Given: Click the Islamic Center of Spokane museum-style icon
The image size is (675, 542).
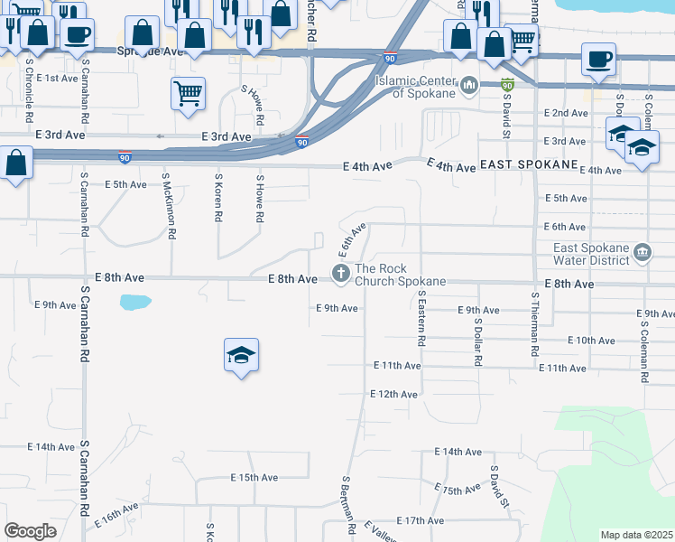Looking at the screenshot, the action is pyautogui.click(x=468, y=87).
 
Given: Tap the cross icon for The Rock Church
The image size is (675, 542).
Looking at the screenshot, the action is pyautogui.click(x=341, y=273).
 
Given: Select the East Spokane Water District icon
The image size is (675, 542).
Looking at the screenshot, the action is pyautogui.click(x=642, y=250).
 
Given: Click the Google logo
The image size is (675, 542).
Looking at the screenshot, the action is pyautogui.click(x=30, y=530).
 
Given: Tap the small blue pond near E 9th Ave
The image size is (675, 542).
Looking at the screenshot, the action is pyautogui.click(x=134, y=302).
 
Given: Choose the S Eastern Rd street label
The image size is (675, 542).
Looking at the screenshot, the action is pyautogui.click(x=421, y=318).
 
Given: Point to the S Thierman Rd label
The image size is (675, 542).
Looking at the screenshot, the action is pyautogui.click(x=535, y=321).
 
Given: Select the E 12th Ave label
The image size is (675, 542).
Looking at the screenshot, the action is pyautogui.click(x=394, y=395).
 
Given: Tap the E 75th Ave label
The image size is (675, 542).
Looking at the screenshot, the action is pyautogui.click(x=458, y=490).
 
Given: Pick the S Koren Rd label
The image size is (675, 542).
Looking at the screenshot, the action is pyautogui.click(x=218, y=199).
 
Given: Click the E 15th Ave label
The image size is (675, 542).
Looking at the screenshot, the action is pyautogui.click(x=254, y=477).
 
